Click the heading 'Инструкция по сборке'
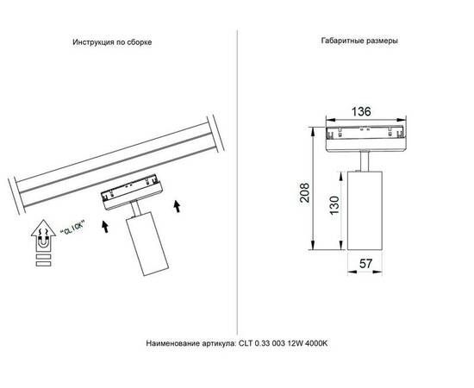112,41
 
